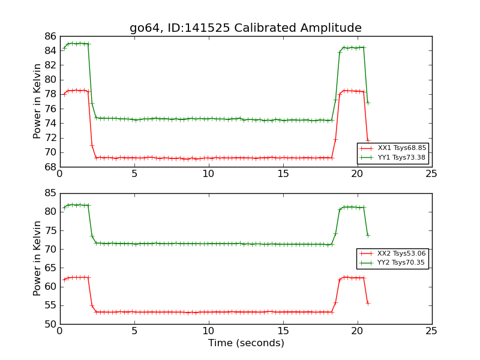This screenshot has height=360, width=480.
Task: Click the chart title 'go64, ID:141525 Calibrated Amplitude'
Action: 245,28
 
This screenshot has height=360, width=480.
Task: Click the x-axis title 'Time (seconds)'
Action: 246,343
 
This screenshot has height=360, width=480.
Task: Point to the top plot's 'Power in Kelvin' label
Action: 38,101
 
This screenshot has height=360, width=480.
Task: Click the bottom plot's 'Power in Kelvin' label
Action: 38,258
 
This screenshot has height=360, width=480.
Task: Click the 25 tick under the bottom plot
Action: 431,331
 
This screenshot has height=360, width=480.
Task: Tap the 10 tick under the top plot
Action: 208,174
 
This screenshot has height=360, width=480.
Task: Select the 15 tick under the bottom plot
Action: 283,331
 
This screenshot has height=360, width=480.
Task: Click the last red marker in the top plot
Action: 368,140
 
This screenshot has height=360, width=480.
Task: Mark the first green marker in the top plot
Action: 64,48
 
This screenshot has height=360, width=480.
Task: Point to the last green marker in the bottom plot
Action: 368,235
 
